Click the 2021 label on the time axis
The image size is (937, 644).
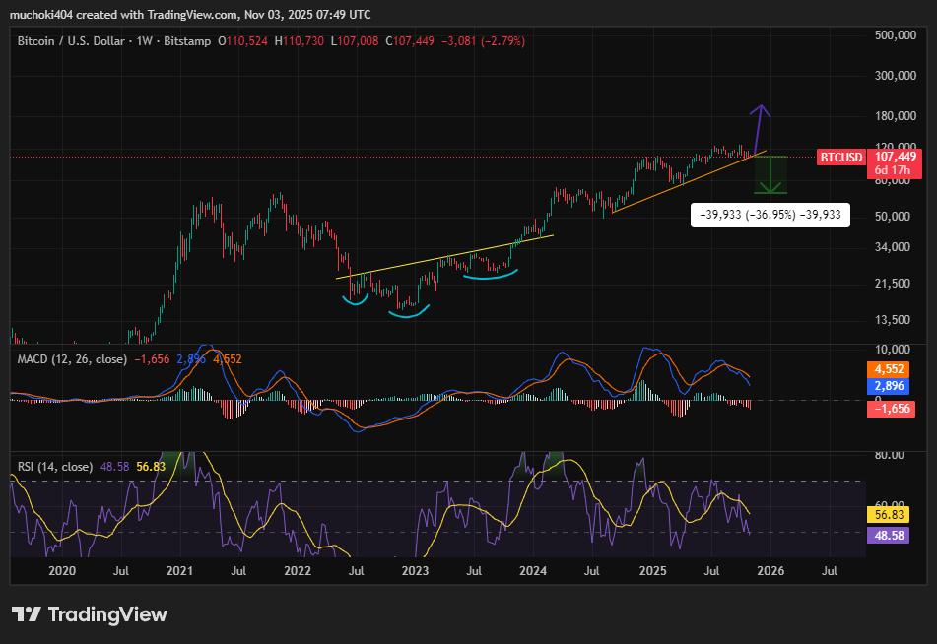click(x=179, y=570)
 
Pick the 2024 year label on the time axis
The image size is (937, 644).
click(x=533, y=570)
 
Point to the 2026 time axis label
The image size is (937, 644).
click(x=770, y=570)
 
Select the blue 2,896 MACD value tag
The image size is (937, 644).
click(x=890, y=387)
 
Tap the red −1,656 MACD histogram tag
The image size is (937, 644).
click(x=890, y=408)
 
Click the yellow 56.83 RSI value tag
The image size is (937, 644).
click(x=890, y=514)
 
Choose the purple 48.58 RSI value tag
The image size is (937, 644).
click(x=890, y=535)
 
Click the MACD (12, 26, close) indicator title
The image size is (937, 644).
click(x=72, y=359)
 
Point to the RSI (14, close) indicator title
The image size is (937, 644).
click(x=55, y=466)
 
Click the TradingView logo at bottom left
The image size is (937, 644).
click(x=90, y=614)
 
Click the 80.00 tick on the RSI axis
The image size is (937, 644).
click(x=890, y=455)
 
